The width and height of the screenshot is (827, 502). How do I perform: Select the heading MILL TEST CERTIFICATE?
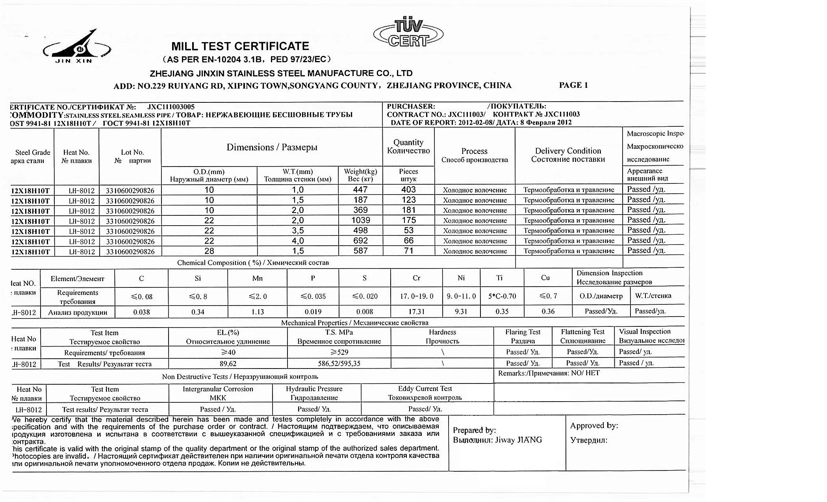tap(240, 46)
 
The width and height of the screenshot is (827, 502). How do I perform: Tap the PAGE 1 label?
tap(573, 85)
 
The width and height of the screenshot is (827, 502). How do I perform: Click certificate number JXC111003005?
tap(171, 107)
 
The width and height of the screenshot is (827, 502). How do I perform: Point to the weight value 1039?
tap(360, 220)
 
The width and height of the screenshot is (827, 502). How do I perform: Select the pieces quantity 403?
tap(408, 190)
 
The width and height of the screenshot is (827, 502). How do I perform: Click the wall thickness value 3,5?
tap(297, 231)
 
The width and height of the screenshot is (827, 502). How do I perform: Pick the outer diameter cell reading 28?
tap(209, 251)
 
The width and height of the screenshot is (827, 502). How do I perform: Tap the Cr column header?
tap(416, 278)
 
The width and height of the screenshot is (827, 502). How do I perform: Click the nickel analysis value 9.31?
tap(461, 312)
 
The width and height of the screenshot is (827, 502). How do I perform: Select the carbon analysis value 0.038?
tap(141, 312)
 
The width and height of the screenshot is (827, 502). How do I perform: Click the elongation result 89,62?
tap(228, 364)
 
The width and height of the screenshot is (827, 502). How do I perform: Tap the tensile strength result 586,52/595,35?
tap(339, 364)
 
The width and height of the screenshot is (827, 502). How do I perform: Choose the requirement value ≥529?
tap(339, 352)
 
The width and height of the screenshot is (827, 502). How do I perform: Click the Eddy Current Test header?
tap(425, 389)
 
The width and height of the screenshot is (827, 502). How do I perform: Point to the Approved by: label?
tap(594, 426)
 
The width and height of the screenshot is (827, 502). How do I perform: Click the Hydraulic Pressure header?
tap(314, 389)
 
